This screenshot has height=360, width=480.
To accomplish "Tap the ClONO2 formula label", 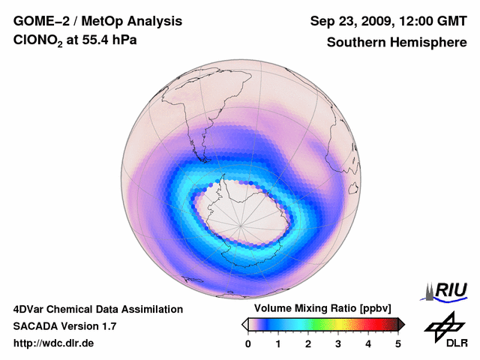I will coord(39,43).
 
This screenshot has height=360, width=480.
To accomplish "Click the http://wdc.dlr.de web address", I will coord(54,343).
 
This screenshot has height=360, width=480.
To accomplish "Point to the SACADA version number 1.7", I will coord(108,326).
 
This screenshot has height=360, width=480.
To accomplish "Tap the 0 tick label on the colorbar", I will coord(248,343).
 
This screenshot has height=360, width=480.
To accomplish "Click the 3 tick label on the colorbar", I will coord(338,343).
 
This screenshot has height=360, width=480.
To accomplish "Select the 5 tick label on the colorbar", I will coord(398,343).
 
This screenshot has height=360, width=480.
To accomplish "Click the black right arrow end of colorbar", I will coord(401,324).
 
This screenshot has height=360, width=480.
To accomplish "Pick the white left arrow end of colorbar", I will coord(244,324).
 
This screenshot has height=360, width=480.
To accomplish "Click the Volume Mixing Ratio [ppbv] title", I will coord(319,308).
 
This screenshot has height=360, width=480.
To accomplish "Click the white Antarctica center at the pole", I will coord(241,222).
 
